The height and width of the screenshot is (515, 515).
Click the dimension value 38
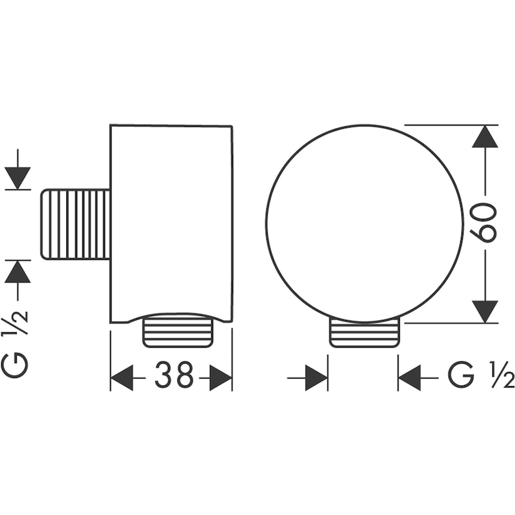pos(174,375)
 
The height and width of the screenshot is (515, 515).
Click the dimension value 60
pos(482,223)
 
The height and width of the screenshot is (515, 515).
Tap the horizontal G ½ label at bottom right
pos(481,375)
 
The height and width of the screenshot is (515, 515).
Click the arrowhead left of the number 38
pos(122,378)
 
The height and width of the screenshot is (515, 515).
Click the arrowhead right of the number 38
pos(221,378)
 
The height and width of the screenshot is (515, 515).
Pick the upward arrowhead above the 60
pos(485,136)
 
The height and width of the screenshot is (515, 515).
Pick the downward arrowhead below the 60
pos(485,312)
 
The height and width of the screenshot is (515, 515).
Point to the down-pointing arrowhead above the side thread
pos(18,178)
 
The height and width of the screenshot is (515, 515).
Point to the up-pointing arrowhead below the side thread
pos(18,271)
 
